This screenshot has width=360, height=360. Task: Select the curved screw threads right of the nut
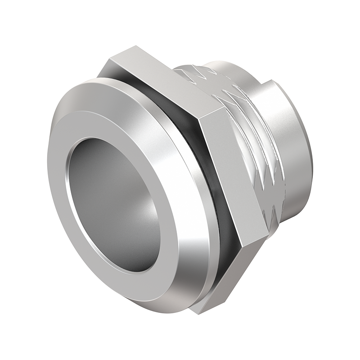256,148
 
